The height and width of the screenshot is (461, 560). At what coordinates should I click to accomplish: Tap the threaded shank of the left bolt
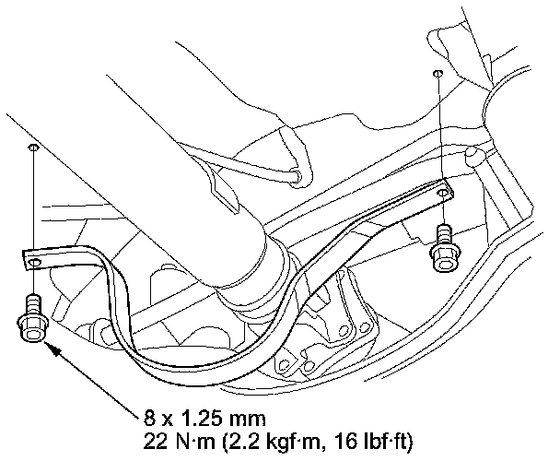pyautogui.click(x=33, y=303)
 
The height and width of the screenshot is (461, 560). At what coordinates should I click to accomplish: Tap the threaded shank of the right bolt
pyautogui.click(x=444, y=234)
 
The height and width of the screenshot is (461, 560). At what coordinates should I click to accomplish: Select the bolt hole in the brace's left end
pyautogui.click(x=34, y=263)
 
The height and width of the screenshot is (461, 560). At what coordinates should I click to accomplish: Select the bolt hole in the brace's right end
pyautogui.click(x=442, y=193)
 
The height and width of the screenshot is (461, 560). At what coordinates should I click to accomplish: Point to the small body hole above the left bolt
pyautogui.click(x=33, y=147)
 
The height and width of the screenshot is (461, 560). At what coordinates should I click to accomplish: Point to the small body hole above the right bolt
pyautogui.click(x=437, y=73)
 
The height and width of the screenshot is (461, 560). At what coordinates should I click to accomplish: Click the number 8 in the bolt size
pyautogui.click(x=150, y=418)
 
